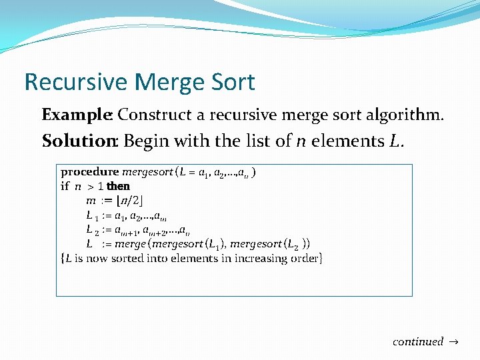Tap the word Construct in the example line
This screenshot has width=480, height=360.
[154, 115]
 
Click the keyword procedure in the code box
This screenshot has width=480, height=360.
[90, 172]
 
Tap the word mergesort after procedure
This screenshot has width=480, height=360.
[146, 172]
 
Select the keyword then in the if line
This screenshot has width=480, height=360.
[118, 186]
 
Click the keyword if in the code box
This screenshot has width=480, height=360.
[65, 186]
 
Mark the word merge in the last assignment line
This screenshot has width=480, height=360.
[129, 243]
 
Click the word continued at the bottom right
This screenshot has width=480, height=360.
[418, 341]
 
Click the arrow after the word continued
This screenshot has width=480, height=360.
[453, 341]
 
